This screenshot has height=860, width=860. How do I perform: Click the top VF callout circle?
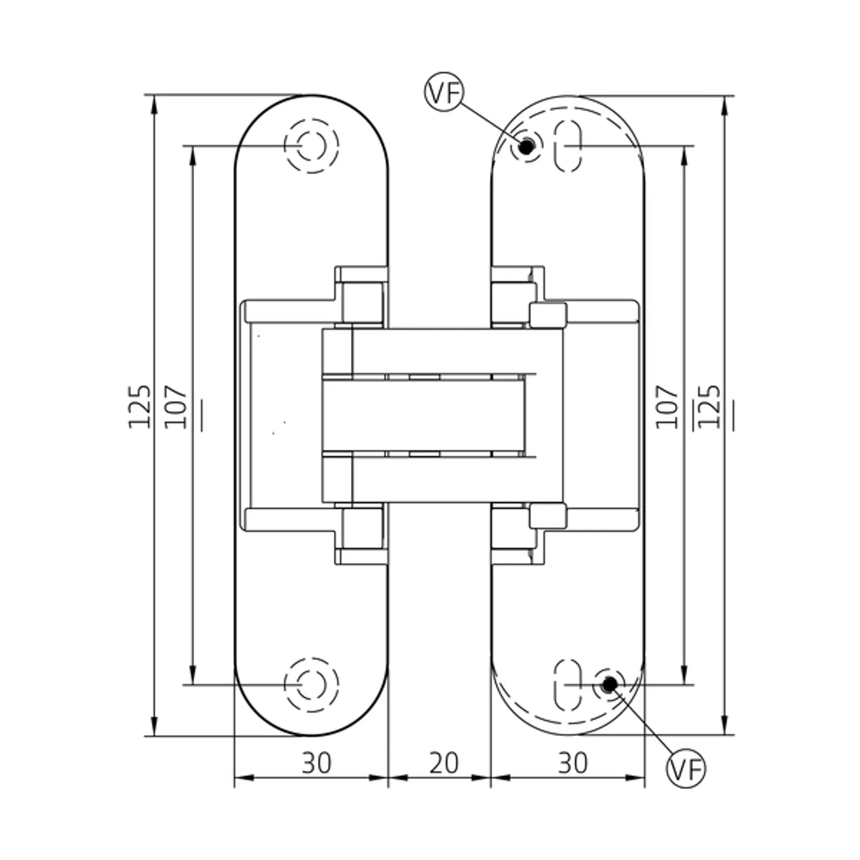click(x=444, y=92)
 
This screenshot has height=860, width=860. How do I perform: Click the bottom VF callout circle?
click(x=686, y=768)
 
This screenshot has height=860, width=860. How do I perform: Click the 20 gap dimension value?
click(x=444, y=763)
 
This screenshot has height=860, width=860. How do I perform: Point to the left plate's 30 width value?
click(x=316, y=763)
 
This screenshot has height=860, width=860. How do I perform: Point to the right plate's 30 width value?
click(x=572, y=763)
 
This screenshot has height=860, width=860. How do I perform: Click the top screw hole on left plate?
click(x=312, y=145)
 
